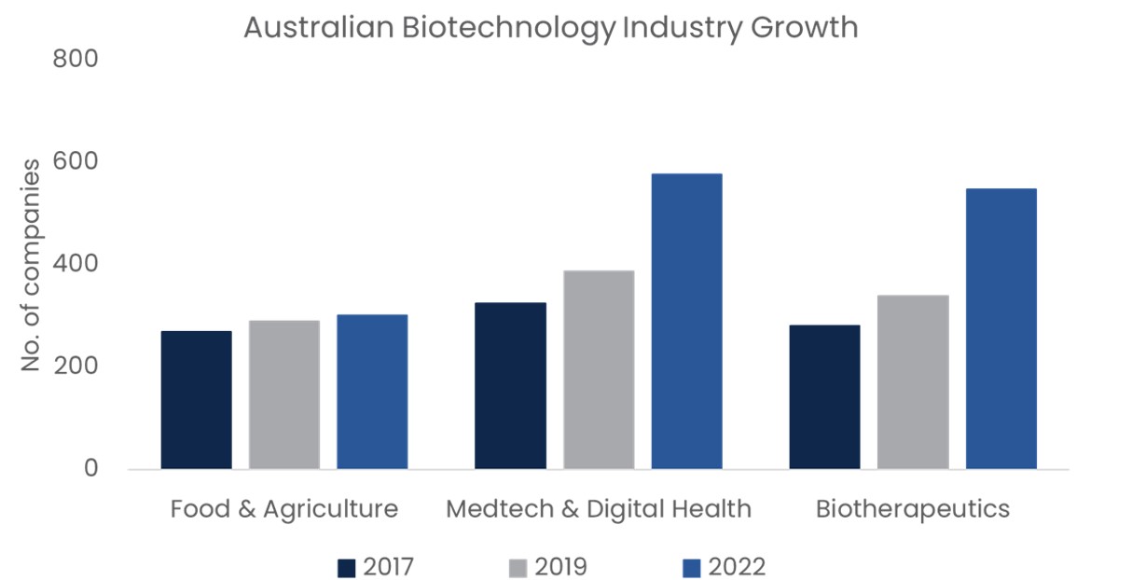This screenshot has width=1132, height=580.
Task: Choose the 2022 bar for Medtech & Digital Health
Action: point(686,321)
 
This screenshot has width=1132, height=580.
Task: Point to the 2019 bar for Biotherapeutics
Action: point(913,381)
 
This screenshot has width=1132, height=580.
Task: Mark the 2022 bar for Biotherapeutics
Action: point(1001,328)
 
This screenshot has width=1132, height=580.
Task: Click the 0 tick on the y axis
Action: point(90,468)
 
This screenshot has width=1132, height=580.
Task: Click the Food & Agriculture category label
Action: point(284,509)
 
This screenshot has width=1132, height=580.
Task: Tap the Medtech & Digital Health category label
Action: point(599,509)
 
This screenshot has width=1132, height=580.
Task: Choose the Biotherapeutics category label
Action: point(913,509)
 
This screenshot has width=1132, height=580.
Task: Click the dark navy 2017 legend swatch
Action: point(347,567)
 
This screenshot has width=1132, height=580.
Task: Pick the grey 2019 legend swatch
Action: point(518,567)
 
